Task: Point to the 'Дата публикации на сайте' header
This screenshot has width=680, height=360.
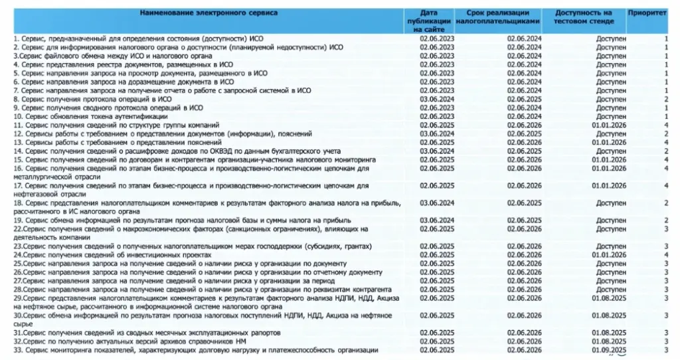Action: [437, 21]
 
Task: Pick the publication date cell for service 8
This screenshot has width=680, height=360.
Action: [437, 99]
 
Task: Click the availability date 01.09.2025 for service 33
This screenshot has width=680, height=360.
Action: [610, 350]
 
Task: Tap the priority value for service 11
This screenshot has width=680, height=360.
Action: [666, 125]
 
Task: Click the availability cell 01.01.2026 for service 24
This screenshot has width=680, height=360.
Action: [610, 254]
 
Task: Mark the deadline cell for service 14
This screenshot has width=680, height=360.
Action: [524, 151]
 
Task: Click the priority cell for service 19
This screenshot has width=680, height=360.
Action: [666, 220]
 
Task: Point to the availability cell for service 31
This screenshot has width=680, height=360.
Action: [610, 333]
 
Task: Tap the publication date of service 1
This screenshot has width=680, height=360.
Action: [437, 39]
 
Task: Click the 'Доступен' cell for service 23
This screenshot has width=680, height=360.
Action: [610, 246]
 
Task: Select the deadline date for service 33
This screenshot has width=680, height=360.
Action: [524, 350]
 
